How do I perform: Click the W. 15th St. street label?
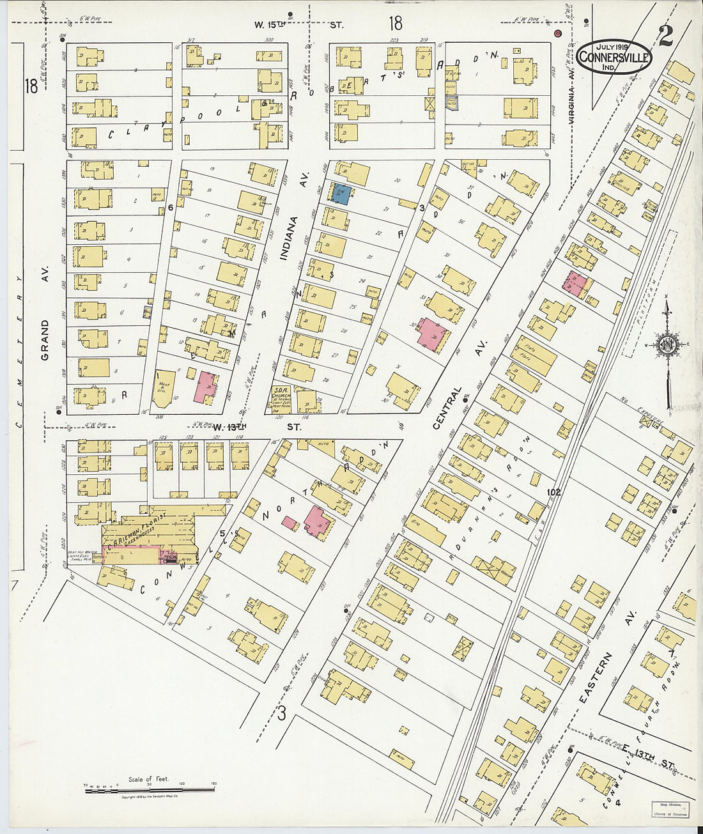pyautogui.click(x=298, y=25)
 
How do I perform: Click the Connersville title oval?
pyautogui.click(x=614, y=57)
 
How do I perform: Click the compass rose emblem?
pyautogui.click(x=667, y=346)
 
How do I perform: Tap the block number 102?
pyautogui.click(x=553, y=493)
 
